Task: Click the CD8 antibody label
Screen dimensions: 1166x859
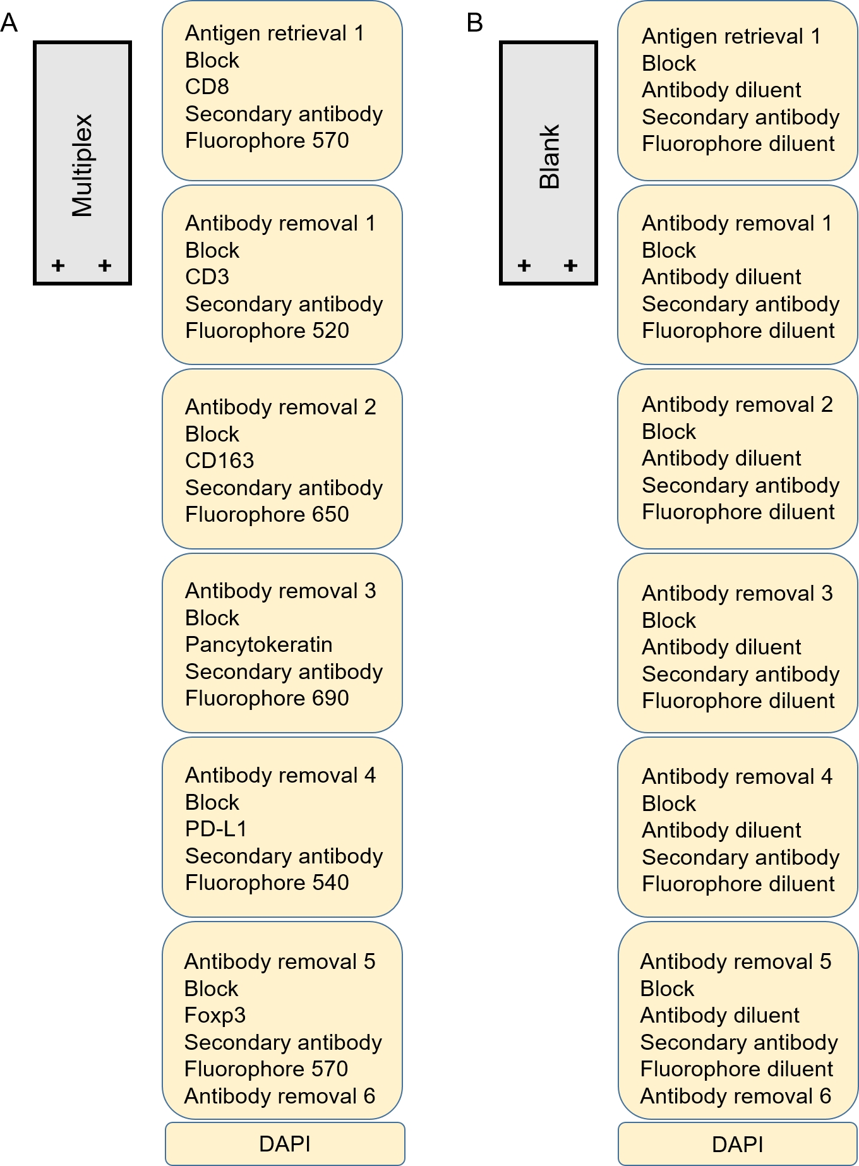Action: tap(207, 87)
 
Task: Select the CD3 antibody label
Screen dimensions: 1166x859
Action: tap(207, 277)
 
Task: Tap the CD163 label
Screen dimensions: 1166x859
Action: tap(219, 460)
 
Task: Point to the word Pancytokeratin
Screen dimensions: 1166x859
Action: tap(258, 644)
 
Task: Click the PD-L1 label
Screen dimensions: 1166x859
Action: tap(215, 829)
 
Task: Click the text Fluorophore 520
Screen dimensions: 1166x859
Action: tap(267, 330)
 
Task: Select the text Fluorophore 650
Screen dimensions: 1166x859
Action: tap(267, 514)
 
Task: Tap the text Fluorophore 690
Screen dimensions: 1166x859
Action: tap(267, 698)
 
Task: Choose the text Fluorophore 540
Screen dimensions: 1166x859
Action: tap(267, 882)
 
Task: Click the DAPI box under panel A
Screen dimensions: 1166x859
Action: tap(285, 1144)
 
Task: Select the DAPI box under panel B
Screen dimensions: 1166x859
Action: tap(737, 1144)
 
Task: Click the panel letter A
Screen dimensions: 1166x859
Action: tap(9, 23)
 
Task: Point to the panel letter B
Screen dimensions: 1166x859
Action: tap(474, 23)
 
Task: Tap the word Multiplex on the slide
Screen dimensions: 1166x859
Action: tap(82, 165)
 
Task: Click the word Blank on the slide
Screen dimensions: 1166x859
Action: tap(549, 157)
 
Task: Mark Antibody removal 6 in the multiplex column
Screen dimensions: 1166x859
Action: tap(279, 1096)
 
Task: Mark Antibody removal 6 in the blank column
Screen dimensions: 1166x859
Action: tap(735, 1096)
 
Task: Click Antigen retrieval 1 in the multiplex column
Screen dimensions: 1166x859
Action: tap(274, 33)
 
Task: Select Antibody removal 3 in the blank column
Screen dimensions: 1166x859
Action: tap(737, 593)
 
